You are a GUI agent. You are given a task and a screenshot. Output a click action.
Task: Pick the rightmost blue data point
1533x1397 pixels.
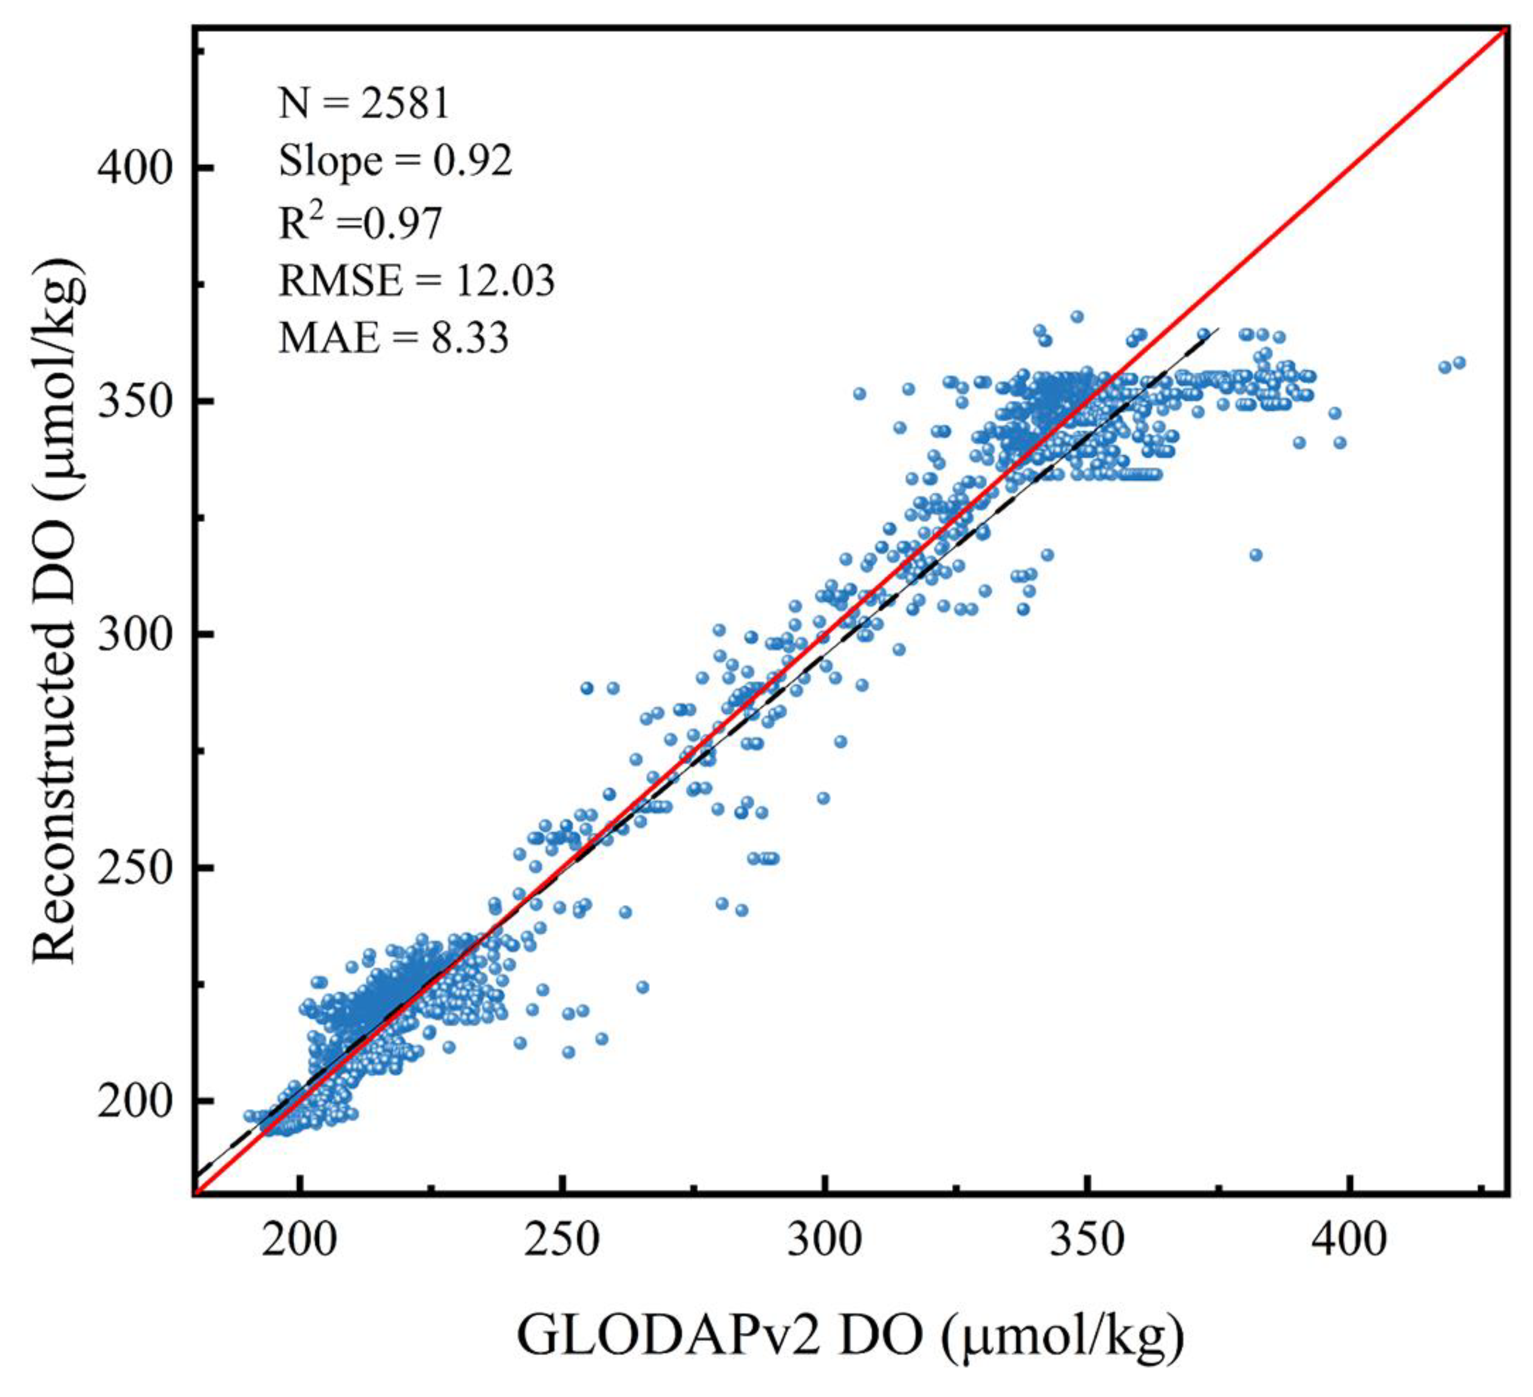point(1458,363)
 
